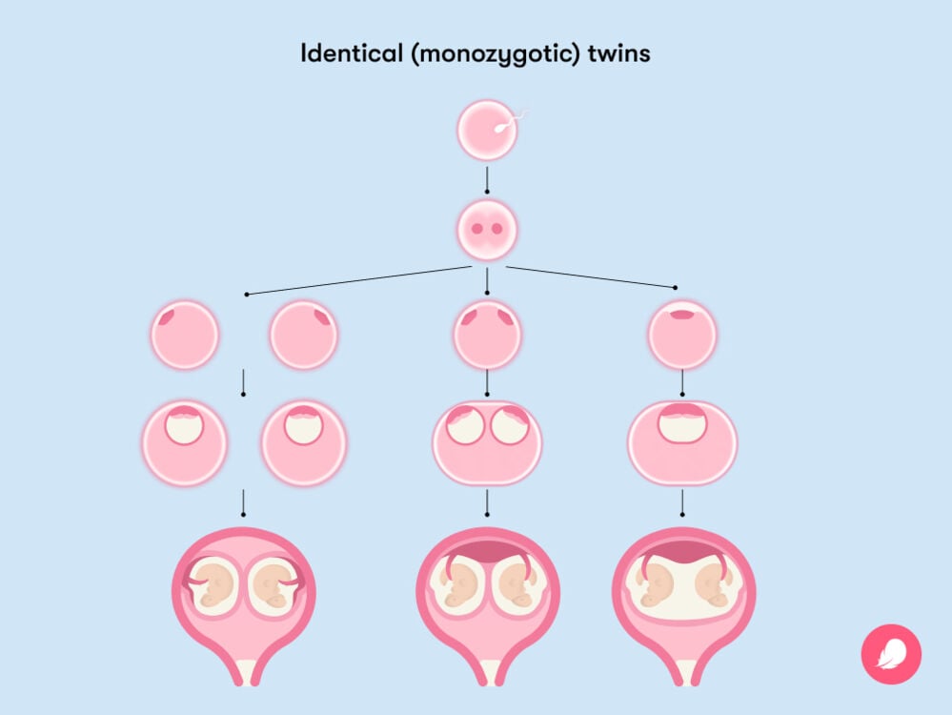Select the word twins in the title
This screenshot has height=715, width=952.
coord(621,53)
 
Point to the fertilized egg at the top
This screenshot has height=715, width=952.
coord(486,131)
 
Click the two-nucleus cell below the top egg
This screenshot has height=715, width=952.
coord(486,229)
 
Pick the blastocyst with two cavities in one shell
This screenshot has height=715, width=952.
coord(487,442)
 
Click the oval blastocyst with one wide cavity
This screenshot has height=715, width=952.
coord(682,442)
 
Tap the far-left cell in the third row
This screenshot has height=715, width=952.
coord(185,335)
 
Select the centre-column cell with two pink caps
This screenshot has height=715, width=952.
coord(487,335)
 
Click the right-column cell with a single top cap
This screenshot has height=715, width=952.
coord(682,335)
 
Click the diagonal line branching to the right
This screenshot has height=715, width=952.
coord(591,277)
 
